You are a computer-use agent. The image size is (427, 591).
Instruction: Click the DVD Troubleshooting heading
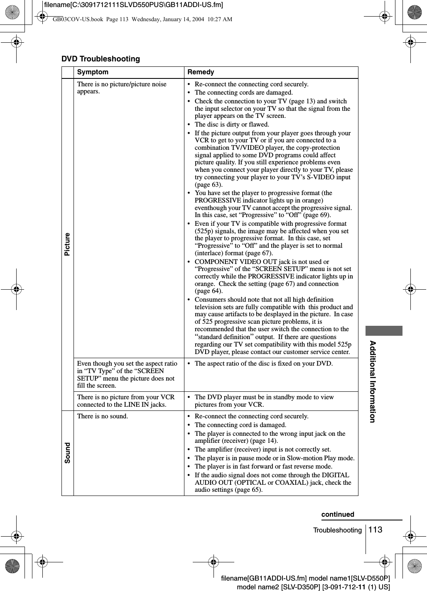pos(101,59)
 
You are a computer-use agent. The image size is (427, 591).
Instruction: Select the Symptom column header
pos(93,72)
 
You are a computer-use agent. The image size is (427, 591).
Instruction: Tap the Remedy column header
pos(201,72)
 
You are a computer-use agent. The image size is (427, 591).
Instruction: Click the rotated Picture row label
pos(67,244)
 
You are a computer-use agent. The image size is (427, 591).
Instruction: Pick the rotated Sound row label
pos(67,452)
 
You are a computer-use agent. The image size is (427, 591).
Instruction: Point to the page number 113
pos(375,529)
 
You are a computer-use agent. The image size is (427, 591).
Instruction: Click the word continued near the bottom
pos(338,514)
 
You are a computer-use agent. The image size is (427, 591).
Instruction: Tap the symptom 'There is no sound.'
pos(103,416)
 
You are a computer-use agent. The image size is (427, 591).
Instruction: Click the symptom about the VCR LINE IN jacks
pos(126,401)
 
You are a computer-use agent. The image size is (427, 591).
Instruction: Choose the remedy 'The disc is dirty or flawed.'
pos(232,125)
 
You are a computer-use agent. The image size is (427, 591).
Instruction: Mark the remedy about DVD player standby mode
pos(264,401)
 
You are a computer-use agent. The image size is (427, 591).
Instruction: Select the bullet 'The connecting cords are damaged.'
pos(243,93)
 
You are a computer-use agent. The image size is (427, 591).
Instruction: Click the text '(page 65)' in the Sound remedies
pos(249,490)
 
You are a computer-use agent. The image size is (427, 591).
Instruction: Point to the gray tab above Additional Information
pos(384,331)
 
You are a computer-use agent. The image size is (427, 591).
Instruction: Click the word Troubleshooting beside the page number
pos(337,530)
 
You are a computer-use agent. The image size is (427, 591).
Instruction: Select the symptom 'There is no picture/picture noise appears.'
pos(122,88)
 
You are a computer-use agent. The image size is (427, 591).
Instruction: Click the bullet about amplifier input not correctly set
pos(263,449)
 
